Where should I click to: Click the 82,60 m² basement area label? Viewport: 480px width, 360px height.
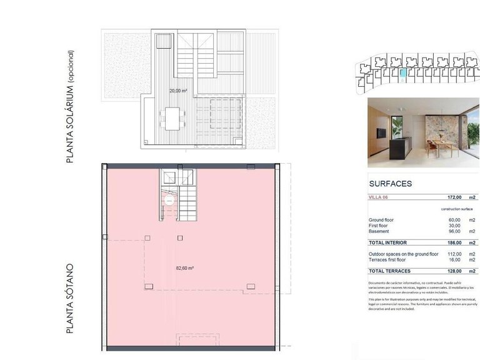[184, 268]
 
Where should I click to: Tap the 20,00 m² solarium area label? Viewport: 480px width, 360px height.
[178, 91]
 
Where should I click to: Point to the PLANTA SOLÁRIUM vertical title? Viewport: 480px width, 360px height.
[70, 107]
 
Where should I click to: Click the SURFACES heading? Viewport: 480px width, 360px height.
[391, 184]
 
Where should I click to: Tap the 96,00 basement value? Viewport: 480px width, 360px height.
[454, 231]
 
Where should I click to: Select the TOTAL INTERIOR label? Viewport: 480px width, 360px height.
[388, 242]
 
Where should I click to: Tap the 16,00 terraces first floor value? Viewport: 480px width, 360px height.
[454, 259]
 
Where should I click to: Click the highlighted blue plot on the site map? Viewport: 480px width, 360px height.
[404, 75]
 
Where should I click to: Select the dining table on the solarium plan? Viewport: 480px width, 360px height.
[171, 117]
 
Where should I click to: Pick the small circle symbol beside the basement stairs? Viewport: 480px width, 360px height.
[169, 201]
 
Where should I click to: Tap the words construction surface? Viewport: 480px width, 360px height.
[456, 209]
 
